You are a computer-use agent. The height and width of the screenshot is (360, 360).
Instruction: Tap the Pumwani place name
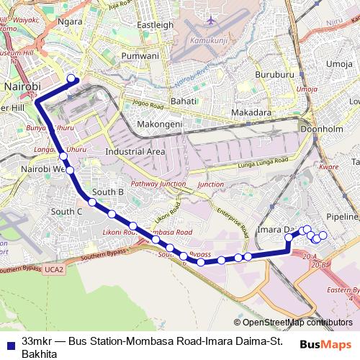(140, 55)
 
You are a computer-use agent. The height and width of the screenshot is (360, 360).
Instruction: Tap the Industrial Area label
(135, 152)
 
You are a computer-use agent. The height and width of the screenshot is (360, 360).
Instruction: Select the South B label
(109, 192)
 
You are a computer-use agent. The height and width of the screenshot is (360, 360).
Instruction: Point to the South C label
(67, 212)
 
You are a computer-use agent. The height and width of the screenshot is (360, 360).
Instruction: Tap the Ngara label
(70, 22)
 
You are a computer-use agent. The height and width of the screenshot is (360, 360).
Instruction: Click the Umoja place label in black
(339, 64)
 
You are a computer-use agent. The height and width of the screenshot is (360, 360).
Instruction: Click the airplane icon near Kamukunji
(210, 20)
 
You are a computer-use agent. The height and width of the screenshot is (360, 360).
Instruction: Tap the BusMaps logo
(325, 344)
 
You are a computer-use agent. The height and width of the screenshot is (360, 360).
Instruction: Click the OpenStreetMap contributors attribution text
(297, 323)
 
